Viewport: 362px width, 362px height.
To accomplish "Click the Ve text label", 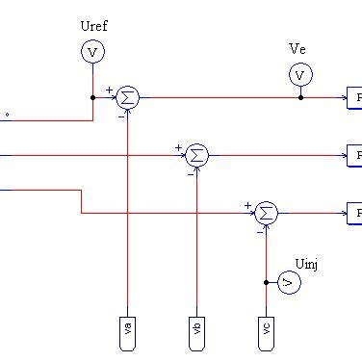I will pos(298,48).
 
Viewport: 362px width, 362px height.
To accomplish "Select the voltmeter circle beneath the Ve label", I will pos(299,74).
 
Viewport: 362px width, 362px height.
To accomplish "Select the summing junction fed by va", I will pos(128,97).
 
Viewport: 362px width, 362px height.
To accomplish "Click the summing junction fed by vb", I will pos(196,154).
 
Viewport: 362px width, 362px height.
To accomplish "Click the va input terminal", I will pos(128,328).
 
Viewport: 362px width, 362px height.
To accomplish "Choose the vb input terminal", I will pos(196,328).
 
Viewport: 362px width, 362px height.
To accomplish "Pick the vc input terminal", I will pos(266,328).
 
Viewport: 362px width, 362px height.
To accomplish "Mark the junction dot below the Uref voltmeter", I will pos(91,97).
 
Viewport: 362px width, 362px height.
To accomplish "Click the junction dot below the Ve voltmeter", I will pos(299,97).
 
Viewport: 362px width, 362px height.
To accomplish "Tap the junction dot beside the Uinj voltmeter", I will pos(266,282).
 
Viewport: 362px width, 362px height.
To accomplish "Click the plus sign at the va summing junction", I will pos(110,90).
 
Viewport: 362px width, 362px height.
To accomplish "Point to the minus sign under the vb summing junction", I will pos(191,174).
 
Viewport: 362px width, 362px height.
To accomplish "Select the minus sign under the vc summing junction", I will pos(260,232).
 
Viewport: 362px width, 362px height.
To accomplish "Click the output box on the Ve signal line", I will pos(354,97).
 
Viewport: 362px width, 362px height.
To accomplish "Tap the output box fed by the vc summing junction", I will pos(354,212).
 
